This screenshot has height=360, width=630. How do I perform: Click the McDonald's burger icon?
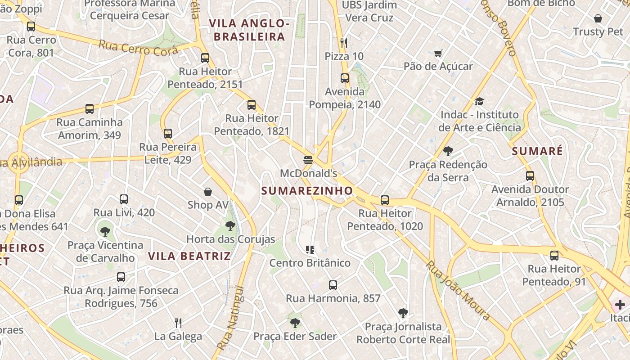click(x=308, y=160)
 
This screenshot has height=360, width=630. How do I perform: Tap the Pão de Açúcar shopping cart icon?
click(x=438, y=54)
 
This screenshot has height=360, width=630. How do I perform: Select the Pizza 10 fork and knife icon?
click(x=344, y=43)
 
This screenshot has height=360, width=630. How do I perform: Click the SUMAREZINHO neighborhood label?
click(x=307, y=191)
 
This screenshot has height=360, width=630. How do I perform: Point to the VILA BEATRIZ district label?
click(x=189, y=256)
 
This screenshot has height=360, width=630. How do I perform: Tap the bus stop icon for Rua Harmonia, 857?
click(x=333, y=285)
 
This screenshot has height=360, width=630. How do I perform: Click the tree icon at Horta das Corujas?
click(x=230, y=226)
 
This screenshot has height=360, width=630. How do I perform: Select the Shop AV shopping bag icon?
click(x=208, y=192)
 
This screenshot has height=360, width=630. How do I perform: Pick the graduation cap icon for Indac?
click(x=479, y=102)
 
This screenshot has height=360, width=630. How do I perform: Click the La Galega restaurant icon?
click(x=178, y=323)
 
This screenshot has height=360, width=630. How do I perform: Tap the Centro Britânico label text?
click(x=310, y=263)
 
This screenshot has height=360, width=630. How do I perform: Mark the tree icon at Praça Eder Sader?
click(x=295, y=323)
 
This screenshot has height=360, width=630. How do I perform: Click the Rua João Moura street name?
click(x=458, y=291)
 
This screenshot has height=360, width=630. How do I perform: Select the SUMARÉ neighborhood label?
click(x=537, y=151)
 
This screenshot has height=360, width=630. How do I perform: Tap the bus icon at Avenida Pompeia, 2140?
click(x=345, y=78)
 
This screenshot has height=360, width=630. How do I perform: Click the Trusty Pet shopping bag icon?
click(x=598, y=18)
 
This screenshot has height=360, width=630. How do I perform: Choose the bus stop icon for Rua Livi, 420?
click(x=124, y=199)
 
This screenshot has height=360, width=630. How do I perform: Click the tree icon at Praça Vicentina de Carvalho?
click(x=105, y=232)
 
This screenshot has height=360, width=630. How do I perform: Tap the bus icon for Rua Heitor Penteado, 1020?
click(x=385, y=200)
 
